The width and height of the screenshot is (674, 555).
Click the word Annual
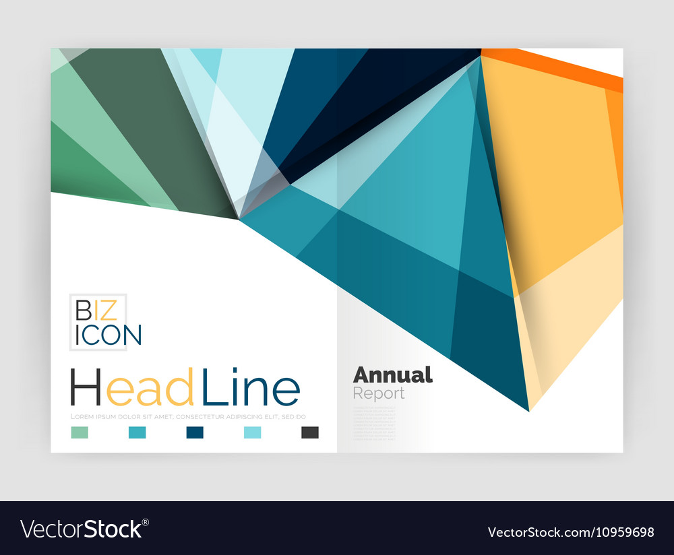[392, 374]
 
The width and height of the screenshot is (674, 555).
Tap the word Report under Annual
[379, 393]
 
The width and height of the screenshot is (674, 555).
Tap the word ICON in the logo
[108, 335]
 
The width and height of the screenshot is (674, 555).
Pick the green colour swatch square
[79, 432]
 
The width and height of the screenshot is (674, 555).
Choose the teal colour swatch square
[137, 432]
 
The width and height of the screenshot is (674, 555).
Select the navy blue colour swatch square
[195, 432]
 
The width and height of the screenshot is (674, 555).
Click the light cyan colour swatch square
[252, 432]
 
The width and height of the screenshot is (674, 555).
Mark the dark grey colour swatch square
[310, 432]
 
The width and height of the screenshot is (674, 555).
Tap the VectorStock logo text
[81, 529]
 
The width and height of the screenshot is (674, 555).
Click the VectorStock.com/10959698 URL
[571, 532]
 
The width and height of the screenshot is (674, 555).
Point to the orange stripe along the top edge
[553, 68]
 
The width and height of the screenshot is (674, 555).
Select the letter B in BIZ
[82, 311]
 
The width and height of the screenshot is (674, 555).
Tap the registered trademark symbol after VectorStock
[145, 522]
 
